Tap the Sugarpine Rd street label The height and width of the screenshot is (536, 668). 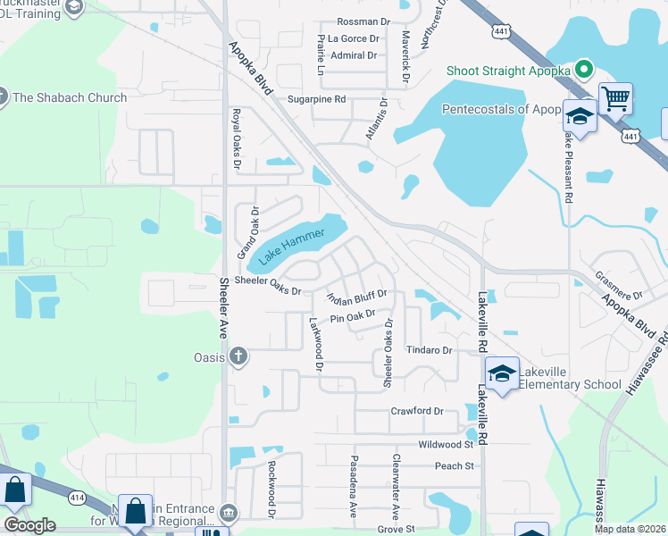pyautogui.click(x=316, y=100)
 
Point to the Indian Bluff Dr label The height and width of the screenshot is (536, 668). pyautogui.click(x=356, y=297)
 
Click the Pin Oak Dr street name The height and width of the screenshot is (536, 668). pyautogui.click(x=352, y=316)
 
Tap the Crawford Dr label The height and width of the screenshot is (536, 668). pyautogui.click(x=417, y=411)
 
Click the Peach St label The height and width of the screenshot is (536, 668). pyautogui.click(x=454, y=465)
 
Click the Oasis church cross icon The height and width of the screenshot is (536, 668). pyautogui.click(x=238, y=358)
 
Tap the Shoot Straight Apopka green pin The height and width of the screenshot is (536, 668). pyautogui.click(x=584, y=68)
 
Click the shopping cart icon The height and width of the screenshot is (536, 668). pyautogui.click(x=615, y=97)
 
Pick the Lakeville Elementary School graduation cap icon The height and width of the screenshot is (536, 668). pyautogui.click(x=502, y=373)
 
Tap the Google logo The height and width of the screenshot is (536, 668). pyautogui.click(x=29, y=525)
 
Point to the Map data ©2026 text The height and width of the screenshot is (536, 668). pyautogui.click(x=630, y=529)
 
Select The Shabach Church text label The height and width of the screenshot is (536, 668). pyautogui.click(x=70, y=97)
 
